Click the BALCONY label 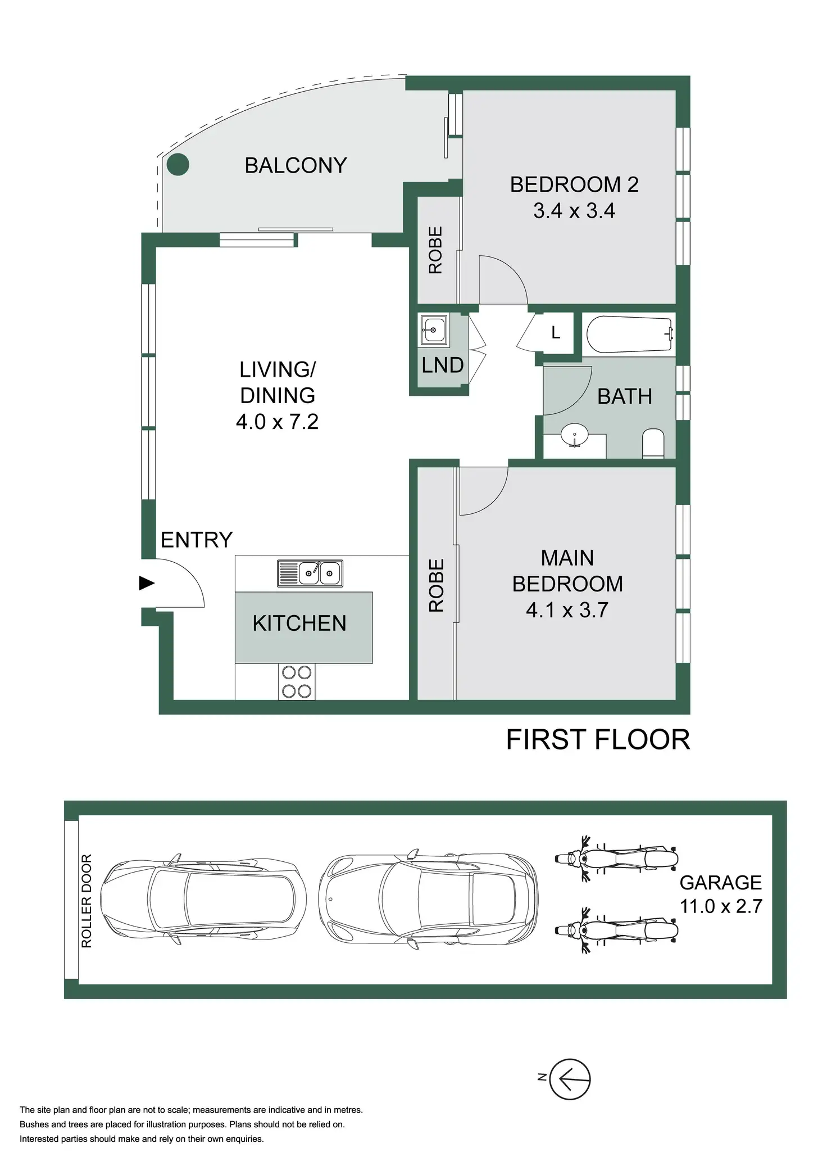click(x=296, y=165)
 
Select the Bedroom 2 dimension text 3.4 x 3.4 click(x=574, y=211)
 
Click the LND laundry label click(x=443, y=365)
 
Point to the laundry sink click(x=433, y=329)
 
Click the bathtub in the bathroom click(x=630, y=334)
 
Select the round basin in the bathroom click(x=574, y=435)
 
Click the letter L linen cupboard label click(x=556, y=333)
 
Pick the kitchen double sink click(x=310, y=573)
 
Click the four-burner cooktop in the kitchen click(x=297, y=681)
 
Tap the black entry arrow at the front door click(x=147, y=583)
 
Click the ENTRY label click(x=197, y=540)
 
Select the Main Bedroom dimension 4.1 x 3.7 click(x=567, y=610)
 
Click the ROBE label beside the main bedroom click(x=437, y=585)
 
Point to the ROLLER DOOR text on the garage click(x=87, y=901)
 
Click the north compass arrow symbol click(x=570, y=1079)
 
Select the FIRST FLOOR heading click(x=598, y=739)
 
